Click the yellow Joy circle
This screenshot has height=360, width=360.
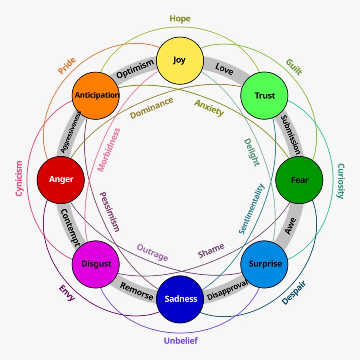pos(180,60)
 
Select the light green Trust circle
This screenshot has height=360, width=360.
pos(264,96)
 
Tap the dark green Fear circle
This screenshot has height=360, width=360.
pos(299,180)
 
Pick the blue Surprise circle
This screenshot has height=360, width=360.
pos(264,264)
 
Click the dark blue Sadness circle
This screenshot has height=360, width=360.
pos(180,299)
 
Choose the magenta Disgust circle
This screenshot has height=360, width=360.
pos(96,264)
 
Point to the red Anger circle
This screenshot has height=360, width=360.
pos(61,180)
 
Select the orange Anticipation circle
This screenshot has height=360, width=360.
pos(96,95)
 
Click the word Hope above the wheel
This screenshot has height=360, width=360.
pos(180,18)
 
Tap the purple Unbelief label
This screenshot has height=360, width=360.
pos(181,341)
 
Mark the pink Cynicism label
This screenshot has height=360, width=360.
pos(19,179)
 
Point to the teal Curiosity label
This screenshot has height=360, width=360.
pos(340,181)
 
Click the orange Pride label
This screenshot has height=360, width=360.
pos(67,66)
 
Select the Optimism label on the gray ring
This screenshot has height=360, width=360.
pos(135,69)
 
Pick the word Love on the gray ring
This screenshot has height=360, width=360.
pos(224,69)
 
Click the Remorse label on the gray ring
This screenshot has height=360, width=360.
pos(137,291)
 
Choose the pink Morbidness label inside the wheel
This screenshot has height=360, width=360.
pos(109,150)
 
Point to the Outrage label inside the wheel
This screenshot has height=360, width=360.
pos(152,252)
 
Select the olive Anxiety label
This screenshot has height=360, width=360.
pos(209,108)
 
